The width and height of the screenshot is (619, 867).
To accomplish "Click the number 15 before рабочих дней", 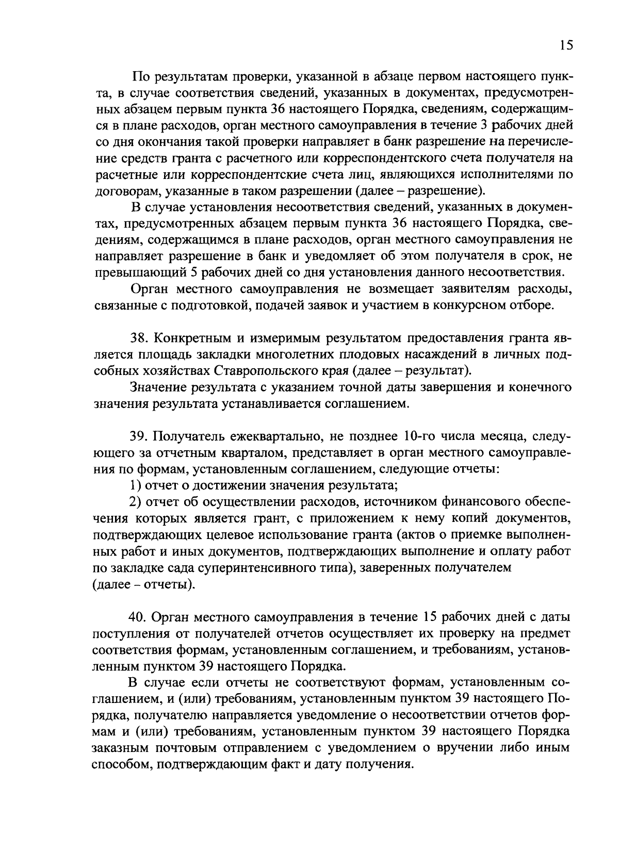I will coord(430,617).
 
